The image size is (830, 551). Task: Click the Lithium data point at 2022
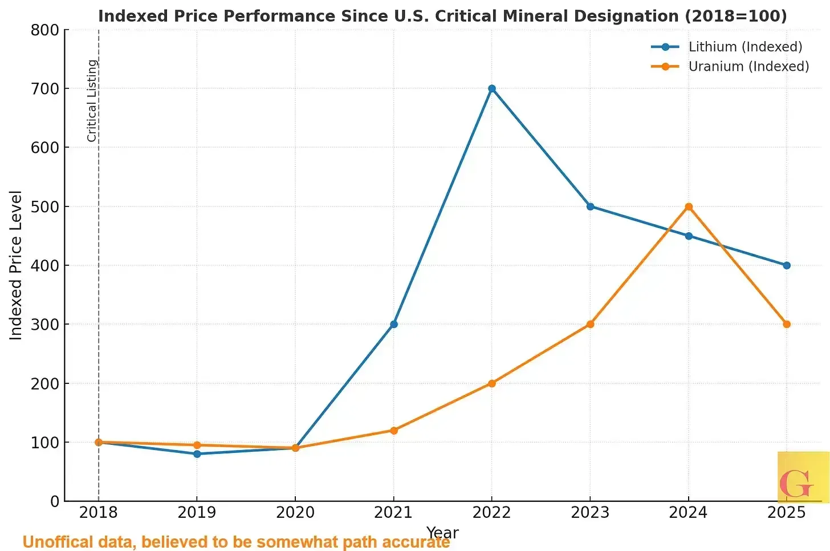coord(492,88)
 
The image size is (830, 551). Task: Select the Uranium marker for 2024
coord(689,206)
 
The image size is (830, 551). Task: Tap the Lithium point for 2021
coord(393,324)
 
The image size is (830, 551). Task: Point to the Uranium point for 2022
coord(492,383)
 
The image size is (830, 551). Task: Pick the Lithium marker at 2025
coord(787,265)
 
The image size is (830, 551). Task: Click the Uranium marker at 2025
coord(787,324)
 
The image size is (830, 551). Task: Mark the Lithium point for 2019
coord(197,454)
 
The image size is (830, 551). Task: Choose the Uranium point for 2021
coord(393,430)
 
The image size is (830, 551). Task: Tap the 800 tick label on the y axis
coord(45,30)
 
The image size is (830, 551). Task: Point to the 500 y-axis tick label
coord(45,206)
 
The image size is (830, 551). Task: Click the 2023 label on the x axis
coord(590,512)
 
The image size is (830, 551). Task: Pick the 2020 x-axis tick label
coord(295,512)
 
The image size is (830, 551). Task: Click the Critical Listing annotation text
coord(92,100)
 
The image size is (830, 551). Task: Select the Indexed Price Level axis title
coord(16,265)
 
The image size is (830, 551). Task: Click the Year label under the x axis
coord(442,532)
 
